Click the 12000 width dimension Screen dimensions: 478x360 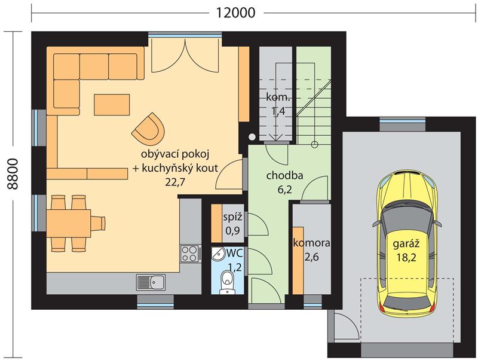pos(235,13)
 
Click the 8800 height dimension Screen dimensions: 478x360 pos(13,174)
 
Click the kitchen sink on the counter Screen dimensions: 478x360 pos(151,282)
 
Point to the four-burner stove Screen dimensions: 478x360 pos(189,254)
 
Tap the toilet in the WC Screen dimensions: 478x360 pos(226,282)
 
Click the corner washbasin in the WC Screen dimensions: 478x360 pos(218,254)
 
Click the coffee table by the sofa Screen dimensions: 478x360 pos(112,105)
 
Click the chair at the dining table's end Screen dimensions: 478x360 pos(98,223)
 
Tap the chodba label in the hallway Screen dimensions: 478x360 pos(285,175)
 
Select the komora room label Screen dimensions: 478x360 pos(311,243)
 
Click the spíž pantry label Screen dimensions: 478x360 pos(233,218)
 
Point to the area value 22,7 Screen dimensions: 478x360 pos(175,182)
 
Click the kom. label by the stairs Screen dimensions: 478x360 pos(278,97)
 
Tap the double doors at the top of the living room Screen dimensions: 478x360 pos(185,55)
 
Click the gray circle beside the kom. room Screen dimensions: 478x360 pos(252,138)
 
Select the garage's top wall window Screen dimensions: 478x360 pos(402,121)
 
